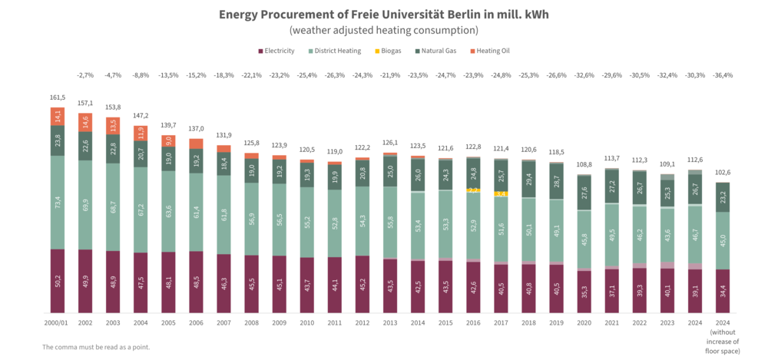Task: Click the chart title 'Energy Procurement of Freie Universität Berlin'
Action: pyautogui.click(x=384, y=15)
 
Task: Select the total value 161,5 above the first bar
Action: pyautogui.click(x=58, y=99)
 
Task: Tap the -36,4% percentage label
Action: pyautogui.click(x=722, y=75)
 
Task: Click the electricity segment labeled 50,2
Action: pyautogui.click(x=58, y=281)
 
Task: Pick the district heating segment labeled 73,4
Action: pyautogui.click(x=58, y=203)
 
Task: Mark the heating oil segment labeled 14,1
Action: pyautogui.click(x=58, y=117)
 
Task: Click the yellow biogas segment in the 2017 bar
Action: pyautogui.click(x=500, y=194)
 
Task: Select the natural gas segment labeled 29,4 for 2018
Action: pyautogui.click(x=528, y=180)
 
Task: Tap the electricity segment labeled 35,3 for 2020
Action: pyautogui.click(x=584, y=292)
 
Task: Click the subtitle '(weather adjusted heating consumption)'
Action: pyautogui.click(x=384, y=30)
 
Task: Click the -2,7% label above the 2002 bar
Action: pyautogui.click(x=85, y=75)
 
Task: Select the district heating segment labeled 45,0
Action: pyautogui.click(x=722, y=240)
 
